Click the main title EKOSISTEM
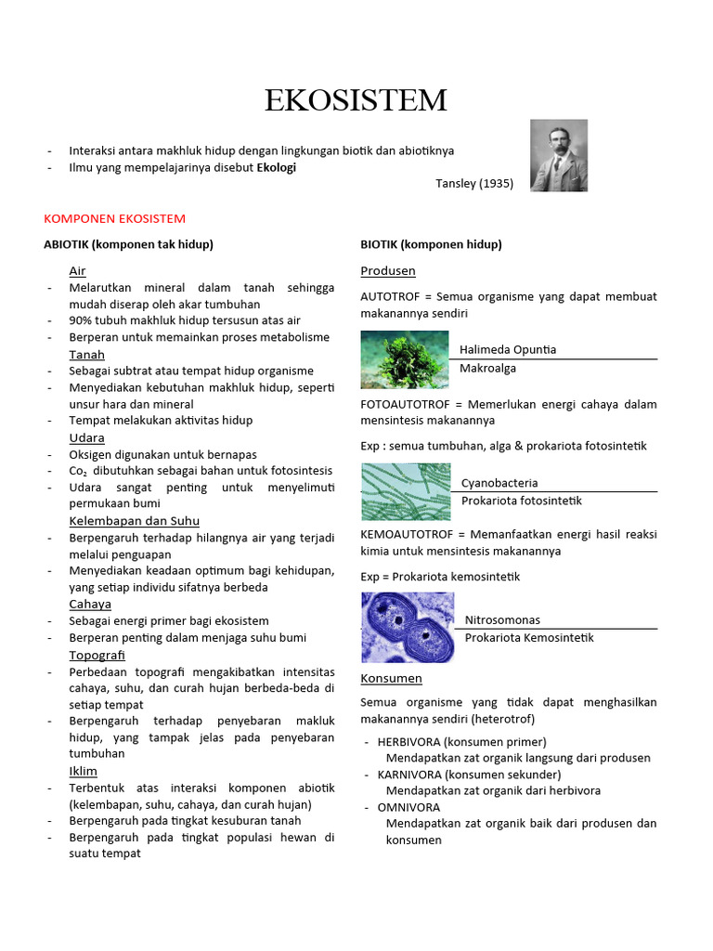point(356,100)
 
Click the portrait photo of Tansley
point(559,155)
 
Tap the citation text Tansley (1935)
point(473,183)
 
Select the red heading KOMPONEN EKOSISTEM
point(114,218)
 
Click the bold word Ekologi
point(277,167)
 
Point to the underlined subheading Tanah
point(86,355)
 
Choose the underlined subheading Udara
point(86,437)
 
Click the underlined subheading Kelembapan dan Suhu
point(134,521)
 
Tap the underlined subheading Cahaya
point(90,604)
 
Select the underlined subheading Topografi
point(97,655)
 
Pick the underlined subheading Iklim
point(83,771)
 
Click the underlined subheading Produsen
point(387,271)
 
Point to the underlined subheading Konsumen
point(391,679)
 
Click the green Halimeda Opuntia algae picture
point(405,360)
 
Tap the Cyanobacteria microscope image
point(405,491)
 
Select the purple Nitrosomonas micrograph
point(407,627)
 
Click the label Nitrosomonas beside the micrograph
point(502,619)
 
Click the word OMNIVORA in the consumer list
point(408,807)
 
